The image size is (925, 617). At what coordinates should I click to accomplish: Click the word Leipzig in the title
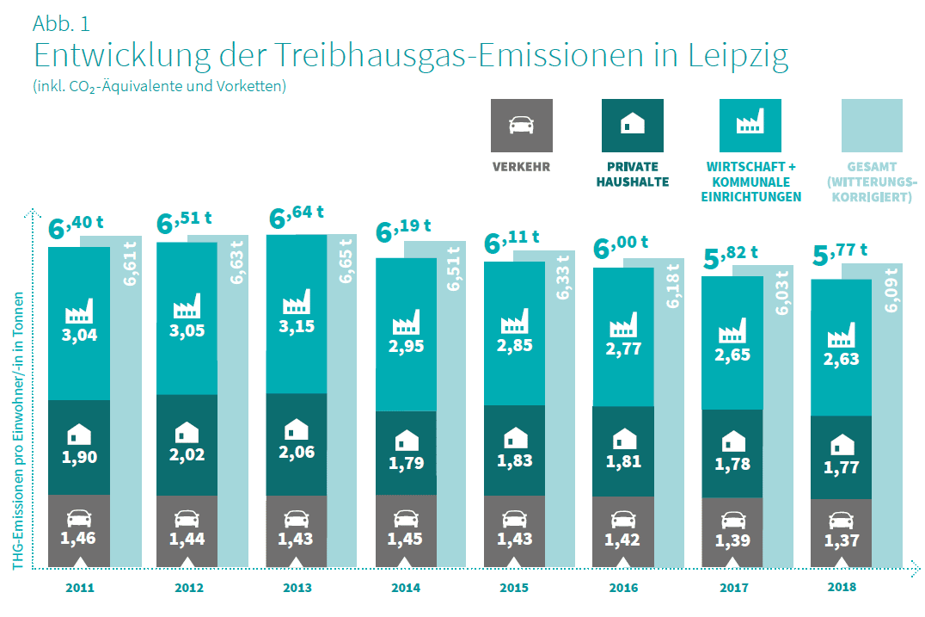pos(738,56)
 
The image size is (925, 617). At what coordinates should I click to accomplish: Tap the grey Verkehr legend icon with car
pos(521,126)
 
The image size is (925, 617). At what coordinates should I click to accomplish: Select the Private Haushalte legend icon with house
pos(633,126)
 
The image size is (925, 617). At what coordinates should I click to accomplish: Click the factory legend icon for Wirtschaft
pos(750,126)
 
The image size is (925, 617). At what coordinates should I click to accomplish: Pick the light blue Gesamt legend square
pos(872,126)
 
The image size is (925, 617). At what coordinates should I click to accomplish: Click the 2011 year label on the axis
pos(79,589)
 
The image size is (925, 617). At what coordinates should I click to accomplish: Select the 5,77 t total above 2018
pos(840,255)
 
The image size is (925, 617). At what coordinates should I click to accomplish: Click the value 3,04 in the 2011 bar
pos(79,335)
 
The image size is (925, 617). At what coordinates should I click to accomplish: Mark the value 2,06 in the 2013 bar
pos(297,452)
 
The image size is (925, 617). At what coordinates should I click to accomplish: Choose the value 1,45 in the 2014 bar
pos(406,540)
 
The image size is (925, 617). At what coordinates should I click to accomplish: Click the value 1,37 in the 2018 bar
pos(842,541)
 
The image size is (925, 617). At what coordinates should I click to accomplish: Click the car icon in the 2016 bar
pos(623,520)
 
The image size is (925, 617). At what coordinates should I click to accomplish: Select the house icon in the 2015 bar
pos(514,438)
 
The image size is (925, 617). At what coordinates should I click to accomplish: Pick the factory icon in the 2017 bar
pos(732,331)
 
